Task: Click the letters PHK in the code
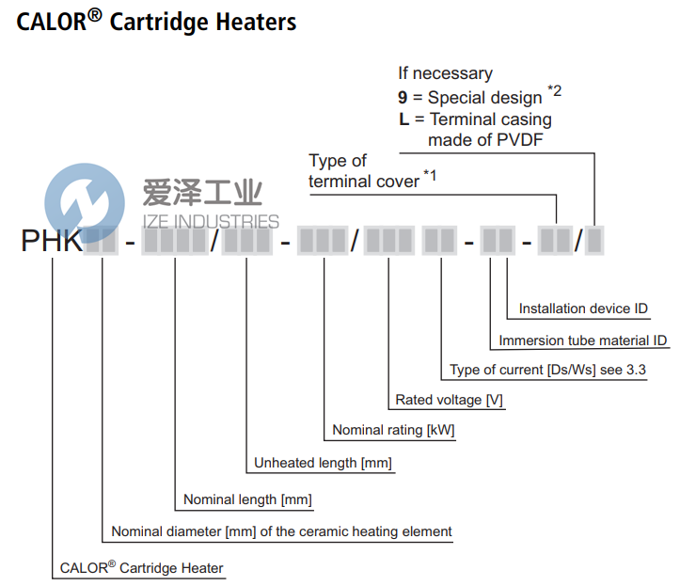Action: pos(52,242)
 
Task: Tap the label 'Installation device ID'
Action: pos(583,309)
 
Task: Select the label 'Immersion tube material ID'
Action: pos(583,341)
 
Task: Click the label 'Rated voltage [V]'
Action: pos(449,400)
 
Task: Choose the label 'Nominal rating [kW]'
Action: pos(393,431)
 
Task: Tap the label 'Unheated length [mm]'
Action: pos(323,463)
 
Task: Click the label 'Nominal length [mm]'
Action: pos(247,499)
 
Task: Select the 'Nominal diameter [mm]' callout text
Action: pos(281,531)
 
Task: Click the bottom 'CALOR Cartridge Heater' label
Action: pos(141,567)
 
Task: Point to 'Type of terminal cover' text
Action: pos(367,171)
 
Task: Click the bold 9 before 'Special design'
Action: pos(403,97)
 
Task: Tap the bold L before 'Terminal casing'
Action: pos(403,119)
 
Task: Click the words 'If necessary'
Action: pos(445,72)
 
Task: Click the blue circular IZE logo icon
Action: pos(85,203)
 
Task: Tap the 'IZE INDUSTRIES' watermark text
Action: pos(210,222)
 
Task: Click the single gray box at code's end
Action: pos(594,242)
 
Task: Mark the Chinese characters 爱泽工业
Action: pos(201,194)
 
